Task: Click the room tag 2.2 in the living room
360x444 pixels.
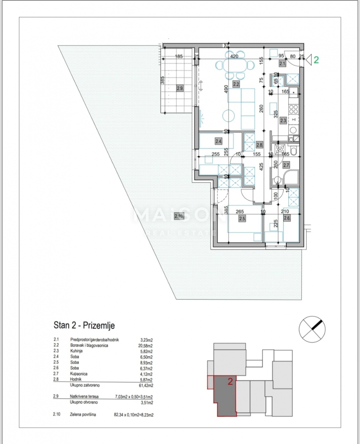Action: (236, 85)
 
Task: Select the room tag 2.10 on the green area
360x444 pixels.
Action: (179, 216)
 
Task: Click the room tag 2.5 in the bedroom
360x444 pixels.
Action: (242, 219)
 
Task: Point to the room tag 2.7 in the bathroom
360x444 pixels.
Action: (286, 165)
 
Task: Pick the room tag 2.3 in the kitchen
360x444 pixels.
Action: (283, 120)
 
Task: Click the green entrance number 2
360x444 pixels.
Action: (316, 60)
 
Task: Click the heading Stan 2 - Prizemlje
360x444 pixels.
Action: (84, 326)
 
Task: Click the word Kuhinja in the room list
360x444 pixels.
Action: (78, 351)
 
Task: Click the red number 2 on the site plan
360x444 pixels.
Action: (230, 382)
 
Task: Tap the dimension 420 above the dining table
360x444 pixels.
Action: (234, 57)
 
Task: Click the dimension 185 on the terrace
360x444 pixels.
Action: (179, 57)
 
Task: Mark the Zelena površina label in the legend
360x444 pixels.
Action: (83, 415)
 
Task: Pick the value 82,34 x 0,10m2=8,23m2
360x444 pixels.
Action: (134, 415)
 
